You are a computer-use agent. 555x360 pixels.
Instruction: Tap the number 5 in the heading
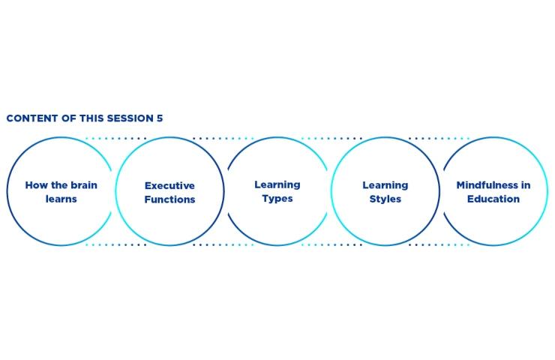[x=160, y=118]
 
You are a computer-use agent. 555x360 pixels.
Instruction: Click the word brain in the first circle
[x=84, y=185]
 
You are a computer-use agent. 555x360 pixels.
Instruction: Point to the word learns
[x=61, y=199]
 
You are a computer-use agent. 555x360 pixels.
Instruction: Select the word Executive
[x=169, y=185]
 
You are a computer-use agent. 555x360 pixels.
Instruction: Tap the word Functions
[x=169, y=199]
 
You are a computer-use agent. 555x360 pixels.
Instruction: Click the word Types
[x=277, y=199]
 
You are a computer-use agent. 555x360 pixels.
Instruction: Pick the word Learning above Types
[x=277, y=184]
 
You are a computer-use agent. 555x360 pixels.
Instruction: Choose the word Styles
[x=385, y=199]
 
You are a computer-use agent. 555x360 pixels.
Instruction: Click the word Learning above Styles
[x=385, y=185]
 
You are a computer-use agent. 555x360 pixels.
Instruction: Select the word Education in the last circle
[x=493, y=199]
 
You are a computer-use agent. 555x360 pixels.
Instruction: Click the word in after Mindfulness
[x=526, y=185]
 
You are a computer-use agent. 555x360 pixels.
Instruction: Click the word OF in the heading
[x=69, y=118]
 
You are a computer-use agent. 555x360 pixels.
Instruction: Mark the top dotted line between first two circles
[x=115, y=139]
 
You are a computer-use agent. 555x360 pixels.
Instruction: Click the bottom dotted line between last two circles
[x=439, y=244]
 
